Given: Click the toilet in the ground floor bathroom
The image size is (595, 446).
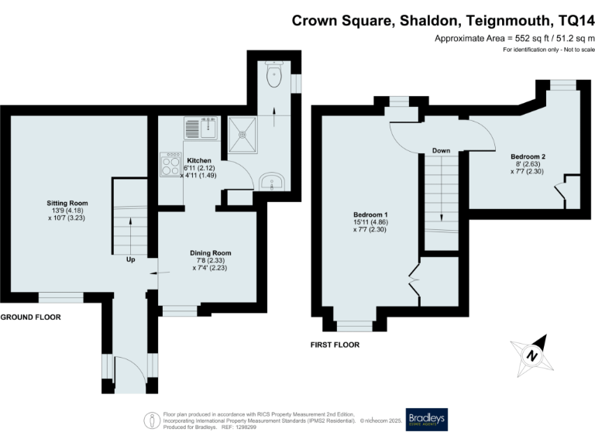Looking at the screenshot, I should pyautogui.click(x=272, y=76).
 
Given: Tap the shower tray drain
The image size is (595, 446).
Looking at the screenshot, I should pyautogui.click(x=246, y=133).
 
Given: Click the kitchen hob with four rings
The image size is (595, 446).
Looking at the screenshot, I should pyautogui.click(x=170, y=164).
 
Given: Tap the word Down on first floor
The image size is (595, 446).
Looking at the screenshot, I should pyautogui.click(x=442, y=150).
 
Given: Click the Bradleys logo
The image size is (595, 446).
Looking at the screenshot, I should pyautogui.click(x=427, y=420).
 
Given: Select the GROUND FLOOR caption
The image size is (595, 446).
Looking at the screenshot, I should pyautogui.click(x=30, y=317).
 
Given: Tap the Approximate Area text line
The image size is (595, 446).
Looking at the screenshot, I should pyautogui.click(x=514, y=38).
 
